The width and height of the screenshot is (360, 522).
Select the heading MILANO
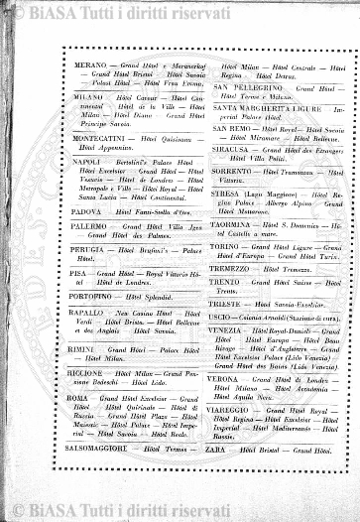89,98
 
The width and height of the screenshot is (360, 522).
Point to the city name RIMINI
87,349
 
